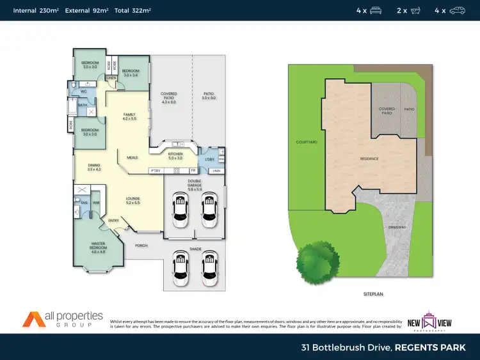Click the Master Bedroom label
coord(98,245)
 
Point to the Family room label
coord(130,116)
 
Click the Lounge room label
coord(133,200)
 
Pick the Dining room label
coord(94,167)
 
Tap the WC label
coord(84,91)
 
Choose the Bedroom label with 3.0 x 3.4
coord(131,72)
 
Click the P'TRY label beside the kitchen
coord(155,171)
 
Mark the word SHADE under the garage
coord(195,249)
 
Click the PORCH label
coord(141,245)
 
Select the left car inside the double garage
coord(180,209)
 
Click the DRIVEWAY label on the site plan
coord(397,228)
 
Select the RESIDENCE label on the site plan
coord(369,159)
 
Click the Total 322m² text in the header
coord(132,10)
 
